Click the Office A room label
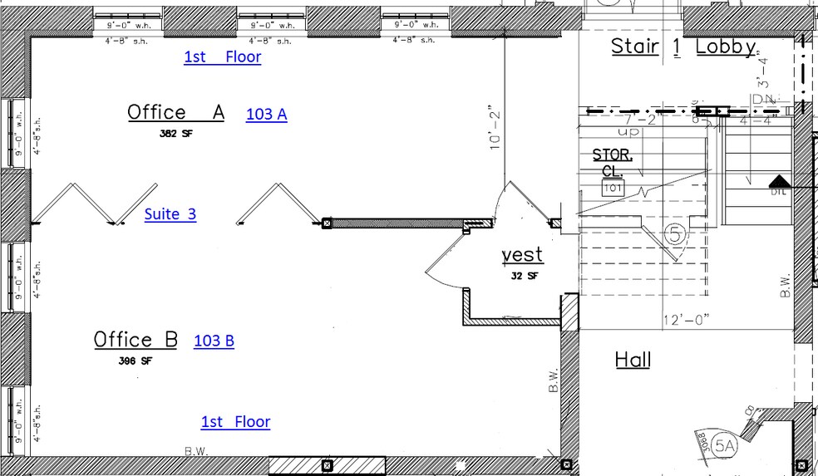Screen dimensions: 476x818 tap(175, 112)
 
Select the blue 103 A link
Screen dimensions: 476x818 tap(266, 115)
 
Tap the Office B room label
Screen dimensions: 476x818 tap(136, 339)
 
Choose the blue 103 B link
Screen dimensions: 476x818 tap(214, 341)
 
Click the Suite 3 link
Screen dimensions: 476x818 tap(170, 213)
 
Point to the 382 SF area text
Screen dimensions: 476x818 tap(175, 132)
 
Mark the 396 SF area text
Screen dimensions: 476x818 tap(136, 361)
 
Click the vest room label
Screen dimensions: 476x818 tap(521, 254)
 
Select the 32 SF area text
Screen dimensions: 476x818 tap(523, 275)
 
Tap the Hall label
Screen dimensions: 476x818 tap(633, 360)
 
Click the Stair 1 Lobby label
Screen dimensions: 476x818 tap(683, 47)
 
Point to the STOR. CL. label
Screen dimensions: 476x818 tap(613, 162)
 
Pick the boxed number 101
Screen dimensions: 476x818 tap(613, 188)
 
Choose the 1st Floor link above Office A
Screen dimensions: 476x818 tap(222, 56)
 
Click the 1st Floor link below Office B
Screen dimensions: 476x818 tap(235, 422)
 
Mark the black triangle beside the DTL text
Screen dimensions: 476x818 tap(778, 180)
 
